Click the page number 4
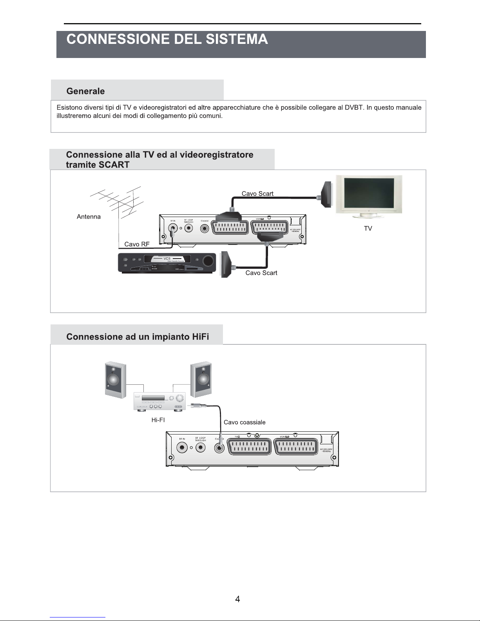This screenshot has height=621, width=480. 237,599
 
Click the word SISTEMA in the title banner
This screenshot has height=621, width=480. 237,39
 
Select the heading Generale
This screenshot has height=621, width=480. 85,91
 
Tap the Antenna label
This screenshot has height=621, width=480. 89,217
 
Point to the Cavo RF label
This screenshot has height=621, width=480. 137,244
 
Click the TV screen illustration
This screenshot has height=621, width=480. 369,194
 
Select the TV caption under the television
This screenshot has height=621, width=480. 368,228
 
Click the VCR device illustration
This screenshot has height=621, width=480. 167,263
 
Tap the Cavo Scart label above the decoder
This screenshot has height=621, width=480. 257,194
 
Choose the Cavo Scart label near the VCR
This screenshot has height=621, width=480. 261,273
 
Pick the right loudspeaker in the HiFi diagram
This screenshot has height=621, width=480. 201,379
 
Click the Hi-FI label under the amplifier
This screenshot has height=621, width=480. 158,420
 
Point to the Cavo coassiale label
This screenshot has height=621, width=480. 245,422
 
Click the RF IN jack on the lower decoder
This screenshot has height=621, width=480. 182,448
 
